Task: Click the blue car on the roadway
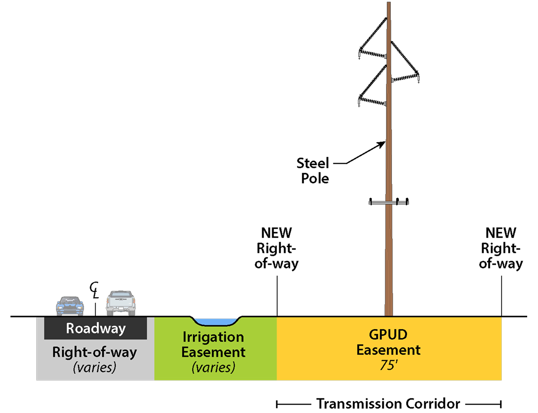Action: coord(70,306)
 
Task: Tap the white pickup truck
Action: coord(121,303)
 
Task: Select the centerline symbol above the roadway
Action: coord(95,290)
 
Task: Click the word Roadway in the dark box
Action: coord(96,329)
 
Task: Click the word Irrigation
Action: coord(213,337)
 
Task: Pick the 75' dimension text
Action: coord(389,365)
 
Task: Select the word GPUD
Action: coord(388,335)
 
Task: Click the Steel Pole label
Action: coord(313,171)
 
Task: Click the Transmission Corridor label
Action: coord(388,404)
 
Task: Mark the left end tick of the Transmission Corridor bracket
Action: coord(277,404)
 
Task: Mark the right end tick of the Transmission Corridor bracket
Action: coord(501,404)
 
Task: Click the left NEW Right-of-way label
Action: coord(276,248)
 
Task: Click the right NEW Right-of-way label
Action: coord(501,248)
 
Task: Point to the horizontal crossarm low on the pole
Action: coord(389,202)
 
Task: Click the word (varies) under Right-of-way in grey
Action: coord(95,367)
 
